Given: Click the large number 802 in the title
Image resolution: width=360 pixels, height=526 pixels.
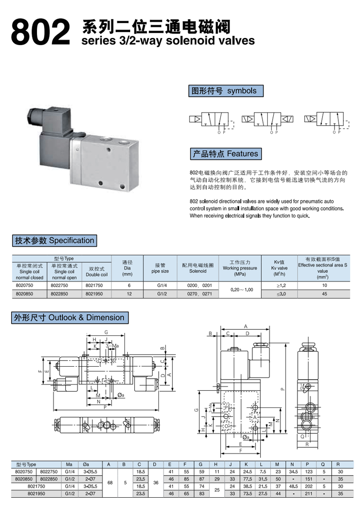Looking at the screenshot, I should click(x=38, y=33).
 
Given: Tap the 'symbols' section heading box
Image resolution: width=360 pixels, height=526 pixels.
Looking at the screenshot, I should click(x=224, y=91).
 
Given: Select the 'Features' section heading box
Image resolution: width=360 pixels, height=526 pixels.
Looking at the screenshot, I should click(x=225, y=154).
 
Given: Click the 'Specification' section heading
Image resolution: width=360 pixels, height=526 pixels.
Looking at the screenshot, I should click(x=54, y=240).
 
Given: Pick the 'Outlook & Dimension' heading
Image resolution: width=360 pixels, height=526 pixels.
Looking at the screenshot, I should click(x=69, y=317).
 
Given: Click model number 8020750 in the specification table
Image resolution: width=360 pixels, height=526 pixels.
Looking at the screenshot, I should click(x=25, y=285).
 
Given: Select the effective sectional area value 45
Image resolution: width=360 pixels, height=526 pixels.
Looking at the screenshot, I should click(x=324, y=293).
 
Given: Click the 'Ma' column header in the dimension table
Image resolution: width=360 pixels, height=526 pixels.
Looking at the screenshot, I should click(x=69, y=465).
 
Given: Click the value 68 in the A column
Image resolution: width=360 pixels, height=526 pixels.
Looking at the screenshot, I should click(x=109, y=482).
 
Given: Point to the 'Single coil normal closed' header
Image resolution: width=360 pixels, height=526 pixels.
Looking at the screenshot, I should click(x=29, y=272).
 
